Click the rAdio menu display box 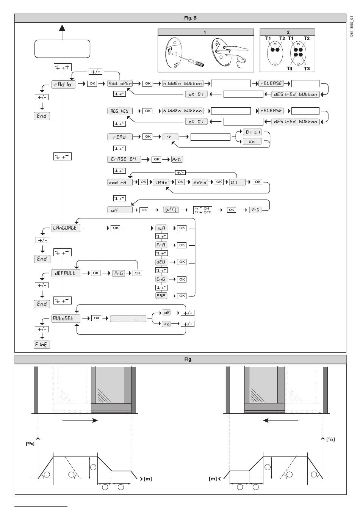point(64,84)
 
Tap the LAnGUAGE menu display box point(66,228)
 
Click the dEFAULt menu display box point(66,273)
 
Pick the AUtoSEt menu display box point(66,318)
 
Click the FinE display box point(42,344)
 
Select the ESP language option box point(161,295)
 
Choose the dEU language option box point(161,262)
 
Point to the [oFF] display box point(171,209)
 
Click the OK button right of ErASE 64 point(156,159)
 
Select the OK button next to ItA point(182,228)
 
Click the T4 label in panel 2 point(289,69)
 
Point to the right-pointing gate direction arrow point(80,420)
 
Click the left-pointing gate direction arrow point(281,420)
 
